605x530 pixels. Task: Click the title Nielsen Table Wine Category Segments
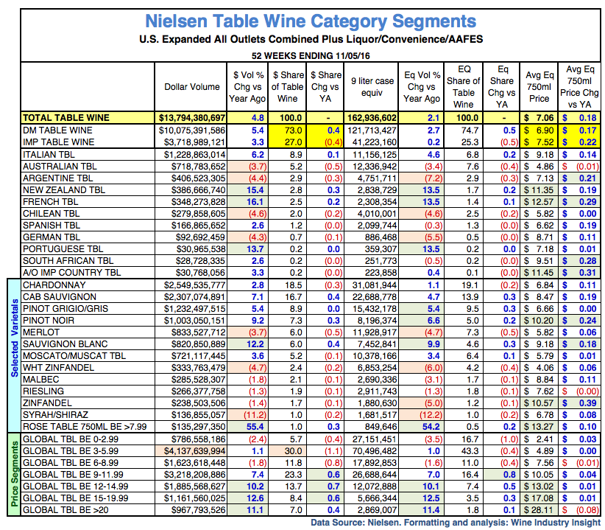click(x=310, y=20)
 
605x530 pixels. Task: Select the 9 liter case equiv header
click(x=372, y=87)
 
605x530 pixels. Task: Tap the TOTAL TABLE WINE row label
click(x=66, y=117)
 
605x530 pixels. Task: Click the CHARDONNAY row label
click(x=54, y=285)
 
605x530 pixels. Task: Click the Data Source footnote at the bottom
click(x=455, y=523)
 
